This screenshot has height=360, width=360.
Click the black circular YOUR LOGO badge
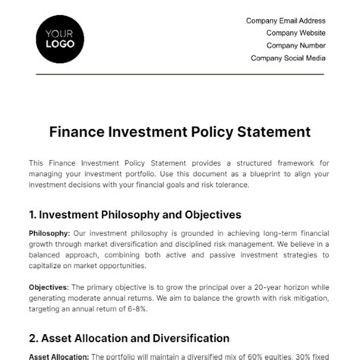[x=59, y=39]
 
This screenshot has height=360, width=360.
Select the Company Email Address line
[x=286, y=21]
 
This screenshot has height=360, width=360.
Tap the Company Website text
[x=296, y=33]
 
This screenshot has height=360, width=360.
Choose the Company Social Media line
[x=289, y=58]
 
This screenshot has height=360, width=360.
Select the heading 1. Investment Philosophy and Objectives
[x=134, y=215]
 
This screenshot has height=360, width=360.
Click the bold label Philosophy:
[x=49, y=233]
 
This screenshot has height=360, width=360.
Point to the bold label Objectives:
[x=49, y=287]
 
